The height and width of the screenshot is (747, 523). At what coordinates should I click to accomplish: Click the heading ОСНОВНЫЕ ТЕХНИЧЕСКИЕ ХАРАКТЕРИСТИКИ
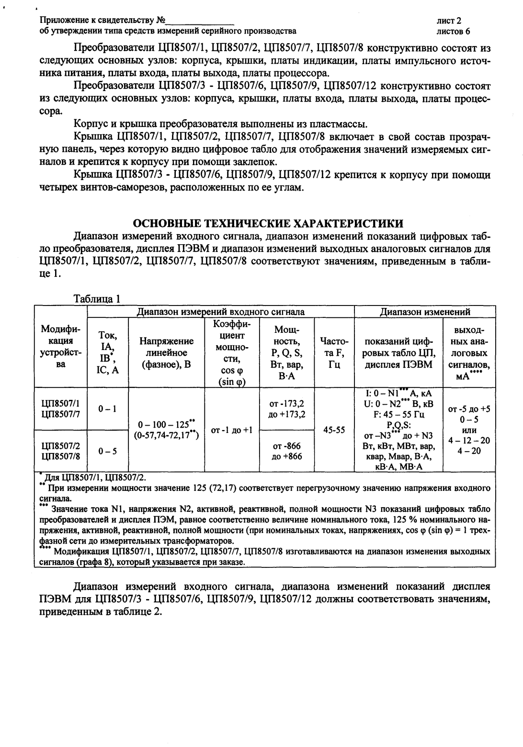click(268, 223)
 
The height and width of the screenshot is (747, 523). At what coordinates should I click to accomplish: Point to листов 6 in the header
click(453, 32)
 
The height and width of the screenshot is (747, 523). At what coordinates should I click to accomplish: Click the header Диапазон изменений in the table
click(424, 312)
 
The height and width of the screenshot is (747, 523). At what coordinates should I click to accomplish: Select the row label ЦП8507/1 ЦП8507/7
click(61, 408)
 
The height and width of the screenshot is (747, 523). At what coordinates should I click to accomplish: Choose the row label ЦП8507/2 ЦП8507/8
click(61, 451)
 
